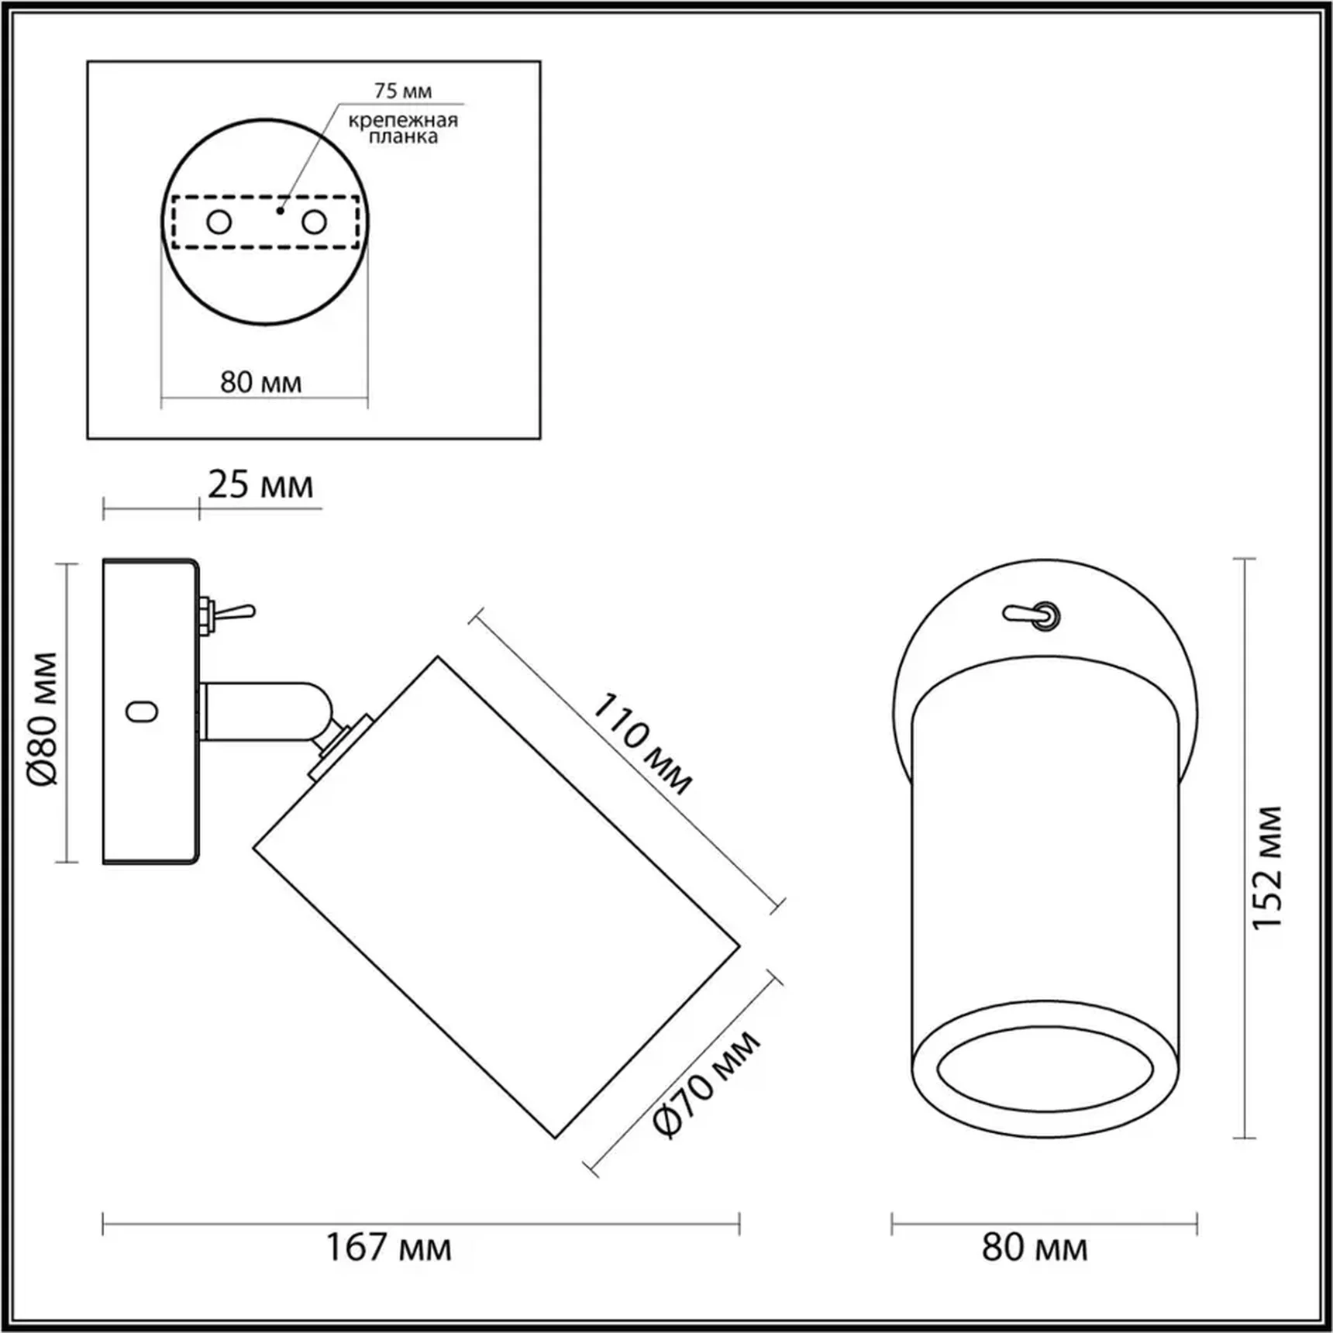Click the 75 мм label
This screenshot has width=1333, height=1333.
(x=402, y=91)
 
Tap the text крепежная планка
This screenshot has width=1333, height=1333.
(x=402, y=129)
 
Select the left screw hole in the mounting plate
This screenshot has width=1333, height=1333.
(x=219, y=222)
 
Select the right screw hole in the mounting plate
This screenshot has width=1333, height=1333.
(x=314, y=222)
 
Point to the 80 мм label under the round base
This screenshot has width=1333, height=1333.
(x=260, y=382)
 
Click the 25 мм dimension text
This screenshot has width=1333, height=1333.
(x=260, y=485)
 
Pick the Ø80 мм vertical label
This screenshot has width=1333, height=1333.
(x=44, y=719)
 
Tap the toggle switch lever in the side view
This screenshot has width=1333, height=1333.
(x=236, y=612)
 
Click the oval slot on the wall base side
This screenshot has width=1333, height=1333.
(x=142, y=711)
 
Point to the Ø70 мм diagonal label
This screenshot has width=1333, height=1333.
(x=706, y=1084)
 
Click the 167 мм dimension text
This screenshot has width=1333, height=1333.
(x=388, y=1248)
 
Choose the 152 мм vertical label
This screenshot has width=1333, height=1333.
(x=1268, y=867)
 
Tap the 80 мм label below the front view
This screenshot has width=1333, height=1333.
(x=1035, y=1248)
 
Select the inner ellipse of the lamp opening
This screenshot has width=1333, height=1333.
(x=1045, y=1069)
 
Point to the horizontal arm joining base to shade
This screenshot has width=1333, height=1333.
(x=260, y=711)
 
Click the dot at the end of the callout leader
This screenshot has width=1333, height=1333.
(x=280, y=210)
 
